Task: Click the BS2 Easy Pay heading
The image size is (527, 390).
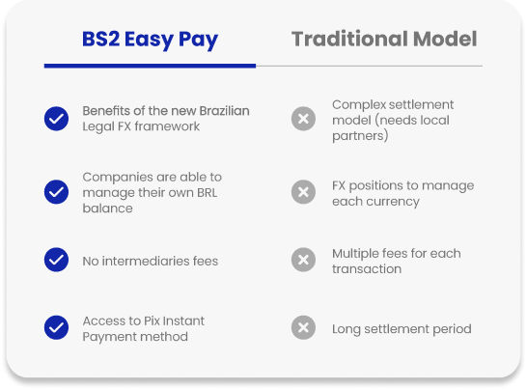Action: point(150,40)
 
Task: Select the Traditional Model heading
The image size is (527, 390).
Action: point(384,39)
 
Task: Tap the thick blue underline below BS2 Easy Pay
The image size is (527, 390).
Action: point(150,66)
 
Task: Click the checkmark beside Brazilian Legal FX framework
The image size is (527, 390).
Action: point(56,119)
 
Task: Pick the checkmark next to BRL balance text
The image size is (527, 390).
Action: point(56,192)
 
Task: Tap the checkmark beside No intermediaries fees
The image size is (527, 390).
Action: point(56,260)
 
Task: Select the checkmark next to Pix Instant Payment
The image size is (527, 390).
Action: point(56,328)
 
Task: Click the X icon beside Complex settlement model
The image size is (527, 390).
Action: point(303,119)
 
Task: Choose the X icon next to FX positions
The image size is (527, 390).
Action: point(303,192)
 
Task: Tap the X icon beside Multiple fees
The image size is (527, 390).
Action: point(303,260)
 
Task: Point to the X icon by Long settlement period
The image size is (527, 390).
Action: point(303,328)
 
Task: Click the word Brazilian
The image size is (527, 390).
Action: point(224,111)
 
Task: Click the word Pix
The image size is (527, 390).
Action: point(152,320)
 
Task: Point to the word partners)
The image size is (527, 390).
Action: point(360,136)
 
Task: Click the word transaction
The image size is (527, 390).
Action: point(367,269)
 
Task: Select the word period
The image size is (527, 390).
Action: point(452,329)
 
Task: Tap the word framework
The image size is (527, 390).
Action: point(167,126)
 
